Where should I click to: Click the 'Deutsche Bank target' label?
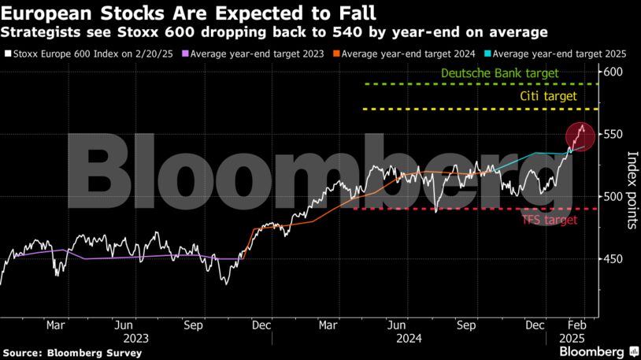[x=499, y=73]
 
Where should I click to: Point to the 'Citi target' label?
[x=549, y=96]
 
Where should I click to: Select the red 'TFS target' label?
[x=549, y=220]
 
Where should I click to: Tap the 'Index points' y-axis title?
[x=632, y=190]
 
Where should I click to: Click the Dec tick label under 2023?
[x=262, y=324]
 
